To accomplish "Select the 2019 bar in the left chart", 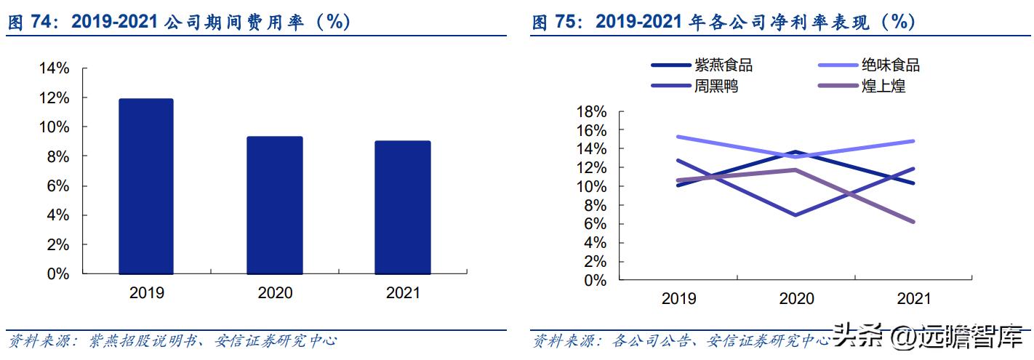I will [147, 187].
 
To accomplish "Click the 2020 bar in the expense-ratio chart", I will [276, 206].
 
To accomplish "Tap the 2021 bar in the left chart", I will [404, 208].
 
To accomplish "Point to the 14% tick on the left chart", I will [54, 68].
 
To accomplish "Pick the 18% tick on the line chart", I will [590, 111].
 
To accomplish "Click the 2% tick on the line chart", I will [595, 261].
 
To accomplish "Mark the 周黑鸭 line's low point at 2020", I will [796, 215].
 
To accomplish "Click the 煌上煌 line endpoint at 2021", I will [913, 222].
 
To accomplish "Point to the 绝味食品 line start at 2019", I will [678, 137].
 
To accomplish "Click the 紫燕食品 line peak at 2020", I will [796, 152].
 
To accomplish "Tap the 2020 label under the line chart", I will [796, 299].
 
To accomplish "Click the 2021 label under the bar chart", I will [404, 293].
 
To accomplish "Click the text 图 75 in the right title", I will [558, 23].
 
